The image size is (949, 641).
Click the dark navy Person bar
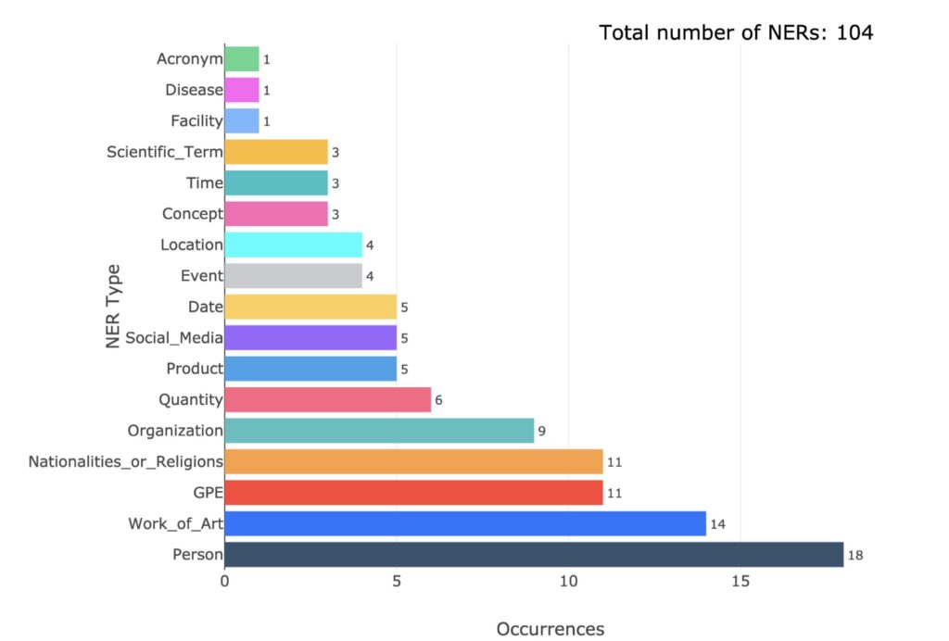pyautogui.click(x=534, y=555)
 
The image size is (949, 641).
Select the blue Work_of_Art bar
pyautogui.click(x=465, y=524)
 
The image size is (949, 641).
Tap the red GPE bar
pyautogui.click(x=413, y=493)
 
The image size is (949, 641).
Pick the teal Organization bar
pyautogui.click(x=379, y=431)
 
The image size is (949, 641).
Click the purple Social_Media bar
pyautogui.click(x=310, y=337)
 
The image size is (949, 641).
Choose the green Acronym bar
pyautogui.click(x=242, y=59)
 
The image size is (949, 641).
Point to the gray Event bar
pyautogui.click(x=293, y=276)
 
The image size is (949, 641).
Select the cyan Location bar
pyautogui.click(x=293, y=245)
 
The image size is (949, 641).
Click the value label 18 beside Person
pyautogui.click(x=855, y=556)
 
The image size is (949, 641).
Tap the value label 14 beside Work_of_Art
pyautogui.click(x=717, y=525)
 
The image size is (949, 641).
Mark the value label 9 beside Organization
pyautogui.click(x=542, y=432)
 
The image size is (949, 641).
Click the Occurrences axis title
pyautogui.click(x=550, y=629)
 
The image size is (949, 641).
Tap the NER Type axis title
pyautogui.click(x=113, y=308)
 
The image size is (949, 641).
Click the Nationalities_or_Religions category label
pyautogui.click(x=126, y=461)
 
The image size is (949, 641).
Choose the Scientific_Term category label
pyautogui.click(x=165, y=152)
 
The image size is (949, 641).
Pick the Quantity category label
pyautogui.click(x=191, y=399)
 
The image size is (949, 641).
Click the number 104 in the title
pyautogui.click(x=854, y=32)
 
